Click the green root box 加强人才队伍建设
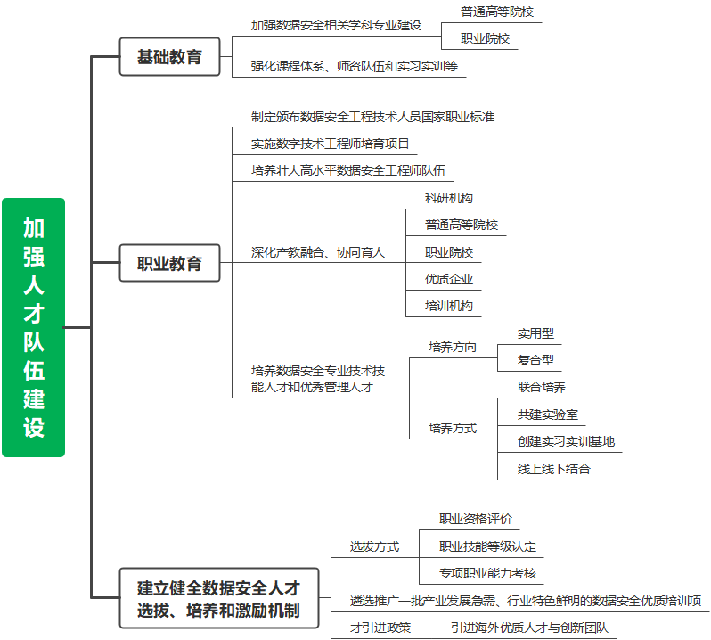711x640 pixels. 34,327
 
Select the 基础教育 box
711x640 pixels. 169,57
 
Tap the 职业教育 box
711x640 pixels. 169,263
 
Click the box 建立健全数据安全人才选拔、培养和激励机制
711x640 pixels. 219,598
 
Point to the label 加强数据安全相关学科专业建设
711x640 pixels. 336,25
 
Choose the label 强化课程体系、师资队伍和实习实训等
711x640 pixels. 354,66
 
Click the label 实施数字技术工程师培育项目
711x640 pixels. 330,144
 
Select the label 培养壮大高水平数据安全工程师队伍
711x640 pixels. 347,170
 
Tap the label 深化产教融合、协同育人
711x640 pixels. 317,252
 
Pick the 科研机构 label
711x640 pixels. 448,198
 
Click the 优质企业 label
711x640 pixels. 448,279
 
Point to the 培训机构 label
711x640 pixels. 448,306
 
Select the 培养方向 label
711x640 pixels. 452,347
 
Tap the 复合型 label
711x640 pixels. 535,360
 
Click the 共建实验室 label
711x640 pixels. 548,414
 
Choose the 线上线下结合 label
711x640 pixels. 553,469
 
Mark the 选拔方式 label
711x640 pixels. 374,546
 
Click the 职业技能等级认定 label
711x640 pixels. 487,546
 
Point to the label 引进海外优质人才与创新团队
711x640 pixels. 529,628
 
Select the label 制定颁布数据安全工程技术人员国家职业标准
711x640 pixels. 372,117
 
